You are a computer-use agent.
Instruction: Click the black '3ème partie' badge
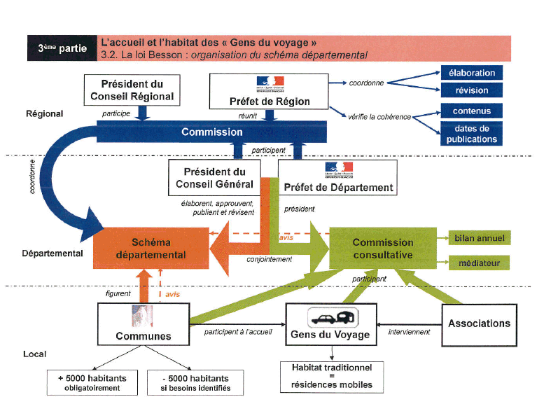click(62, 48)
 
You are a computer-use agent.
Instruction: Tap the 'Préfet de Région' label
click(270, 102)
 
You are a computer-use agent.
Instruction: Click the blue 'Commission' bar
click(202, 132)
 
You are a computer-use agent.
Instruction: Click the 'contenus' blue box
click(472, 111)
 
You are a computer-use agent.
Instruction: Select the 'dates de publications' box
click(472, 134)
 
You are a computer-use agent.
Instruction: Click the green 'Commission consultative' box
click(382, 249)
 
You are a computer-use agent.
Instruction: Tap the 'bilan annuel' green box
click(479, 239)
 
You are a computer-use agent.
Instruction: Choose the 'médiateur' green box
click(479, 263)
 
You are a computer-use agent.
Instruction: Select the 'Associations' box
click(479, 323)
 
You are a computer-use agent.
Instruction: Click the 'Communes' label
click(144, 336)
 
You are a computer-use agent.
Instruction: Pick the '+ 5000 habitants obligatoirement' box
click(92, 382)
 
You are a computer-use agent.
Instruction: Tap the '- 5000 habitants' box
click(191, 382)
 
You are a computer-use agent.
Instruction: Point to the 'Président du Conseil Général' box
click(214, 179)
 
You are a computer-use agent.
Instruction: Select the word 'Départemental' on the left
click(53, 253)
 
